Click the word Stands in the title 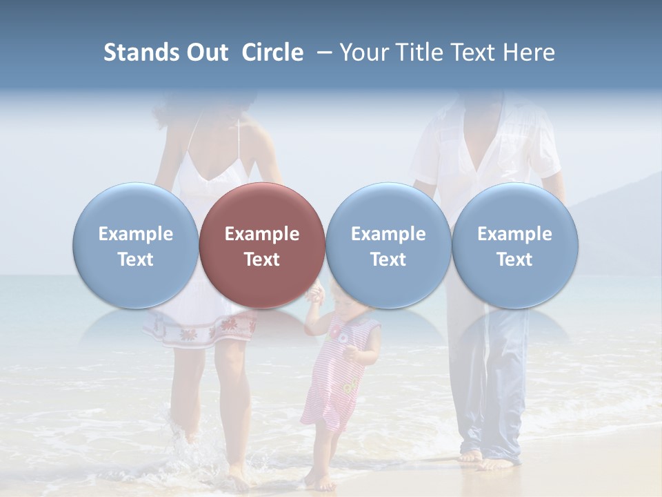pos(141,52)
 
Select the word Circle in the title pos(272,52)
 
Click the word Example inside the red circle pos(262,234)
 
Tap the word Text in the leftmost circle pos(135,260)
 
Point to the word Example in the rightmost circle pos(514,234)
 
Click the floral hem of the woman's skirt pos(200,331)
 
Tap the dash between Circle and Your pos(321,52)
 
